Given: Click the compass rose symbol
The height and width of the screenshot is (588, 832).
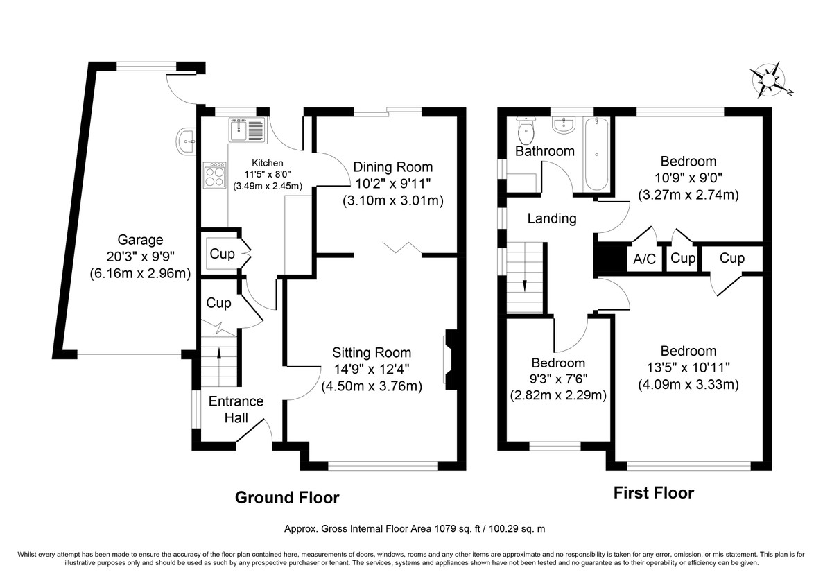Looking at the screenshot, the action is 769,80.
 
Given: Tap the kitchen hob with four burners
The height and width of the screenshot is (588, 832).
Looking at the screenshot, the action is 215,175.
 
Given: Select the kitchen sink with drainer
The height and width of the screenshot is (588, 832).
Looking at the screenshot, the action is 248,130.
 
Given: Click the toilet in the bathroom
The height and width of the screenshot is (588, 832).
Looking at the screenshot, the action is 526,131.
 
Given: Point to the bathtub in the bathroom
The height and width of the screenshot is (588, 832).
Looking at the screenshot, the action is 596,154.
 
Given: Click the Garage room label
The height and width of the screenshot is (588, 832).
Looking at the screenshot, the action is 140,240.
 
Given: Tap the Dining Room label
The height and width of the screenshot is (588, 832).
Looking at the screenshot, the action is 393,167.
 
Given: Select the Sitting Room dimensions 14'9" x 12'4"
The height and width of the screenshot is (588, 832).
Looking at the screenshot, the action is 372,369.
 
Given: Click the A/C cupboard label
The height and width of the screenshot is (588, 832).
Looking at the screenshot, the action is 644,259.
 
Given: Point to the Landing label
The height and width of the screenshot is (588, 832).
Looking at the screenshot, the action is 552,218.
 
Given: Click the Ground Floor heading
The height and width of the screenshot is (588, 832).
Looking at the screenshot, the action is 287,498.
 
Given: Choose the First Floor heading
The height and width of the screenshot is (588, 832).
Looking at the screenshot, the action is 654,493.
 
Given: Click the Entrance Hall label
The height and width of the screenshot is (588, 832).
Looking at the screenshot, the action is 236,410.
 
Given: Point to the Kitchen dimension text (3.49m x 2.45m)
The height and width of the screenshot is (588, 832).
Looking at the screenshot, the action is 268,186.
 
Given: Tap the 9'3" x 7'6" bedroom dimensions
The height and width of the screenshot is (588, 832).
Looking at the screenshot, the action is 558,379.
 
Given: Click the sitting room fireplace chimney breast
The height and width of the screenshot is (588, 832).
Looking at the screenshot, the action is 451,360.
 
